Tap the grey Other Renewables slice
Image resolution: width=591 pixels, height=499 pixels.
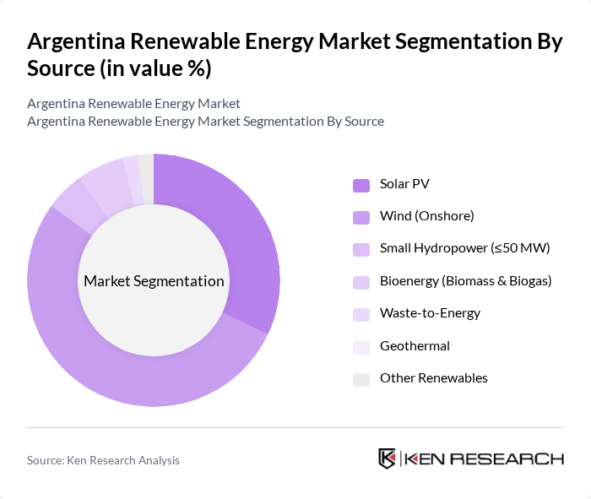point(147,177)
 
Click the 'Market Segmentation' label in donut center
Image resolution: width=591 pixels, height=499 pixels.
point(154,281)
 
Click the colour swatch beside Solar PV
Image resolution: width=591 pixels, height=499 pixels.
point(361,184)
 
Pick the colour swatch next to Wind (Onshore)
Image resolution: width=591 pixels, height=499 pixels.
point(361,216)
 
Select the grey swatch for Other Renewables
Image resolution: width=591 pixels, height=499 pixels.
point(361,378)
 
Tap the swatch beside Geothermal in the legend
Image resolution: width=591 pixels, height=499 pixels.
point(361,346)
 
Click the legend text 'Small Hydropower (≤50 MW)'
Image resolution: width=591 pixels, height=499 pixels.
point(464,248)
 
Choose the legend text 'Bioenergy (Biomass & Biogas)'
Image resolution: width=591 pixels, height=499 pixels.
point(465,280)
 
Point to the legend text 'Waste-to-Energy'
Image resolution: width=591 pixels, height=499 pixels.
point(430,313)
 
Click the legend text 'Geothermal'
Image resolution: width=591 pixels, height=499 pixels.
point(415,345)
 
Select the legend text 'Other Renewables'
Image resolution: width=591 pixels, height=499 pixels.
point(433,378)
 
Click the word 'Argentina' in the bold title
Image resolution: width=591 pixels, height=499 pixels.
point(78,42)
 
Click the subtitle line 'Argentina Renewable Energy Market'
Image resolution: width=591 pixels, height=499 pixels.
point(133,103)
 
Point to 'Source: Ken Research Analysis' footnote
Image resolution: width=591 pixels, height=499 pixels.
point(103,460)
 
